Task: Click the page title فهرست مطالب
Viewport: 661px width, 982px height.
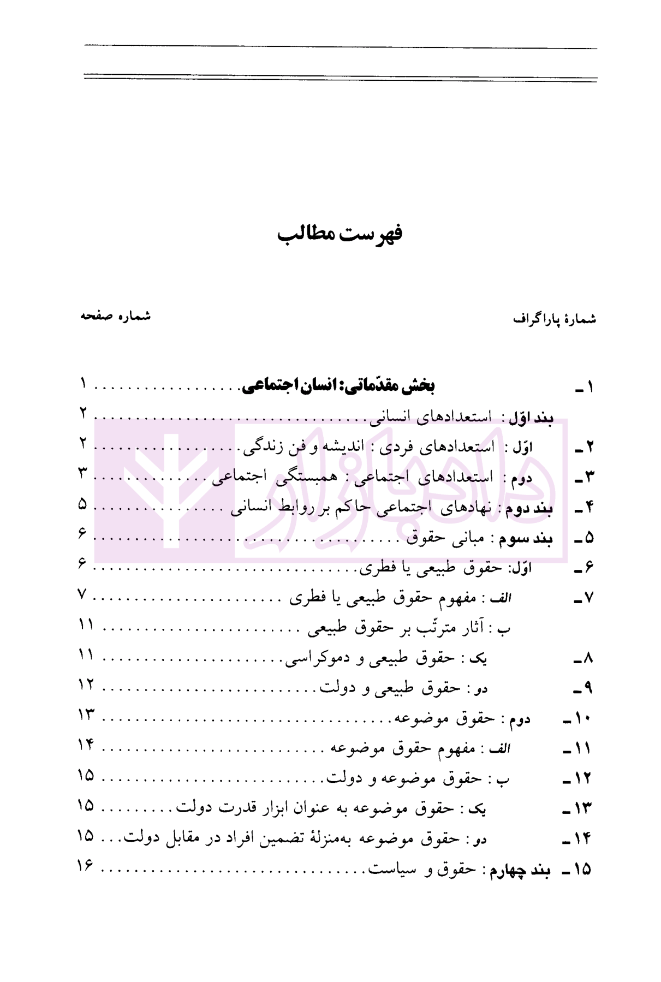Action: click(340, 234)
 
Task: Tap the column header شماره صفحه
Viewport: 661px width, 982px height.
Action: click(115, 316)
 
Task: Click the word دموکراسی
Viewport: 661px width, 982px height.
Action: click(312, 659)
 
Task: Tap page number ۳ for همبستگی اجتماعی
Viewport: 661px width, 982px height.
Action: click(82, 474)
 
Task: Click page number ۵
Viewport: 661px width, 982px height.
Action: click(82, 504)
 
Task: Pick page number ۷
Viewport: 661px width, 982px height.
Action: click(82, 594)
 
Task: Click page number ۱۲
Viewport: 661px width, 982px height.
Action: click(86, 683)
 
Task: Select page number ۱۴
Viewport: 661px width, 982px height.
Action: click(86, 745)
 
